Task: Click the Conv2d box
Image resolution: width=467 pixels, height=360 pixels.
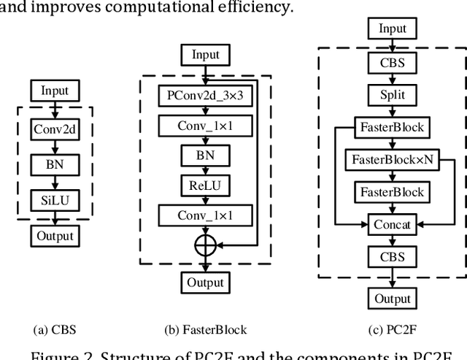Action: (55, 129)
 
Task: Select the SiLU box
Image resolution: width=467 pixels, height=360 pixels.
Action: (55, 199)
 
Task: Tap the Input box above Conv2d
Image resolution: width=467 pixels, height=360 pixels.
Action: (55, 91)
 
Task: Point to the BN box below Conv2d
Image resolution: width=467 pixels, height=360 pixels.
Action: (55, 164)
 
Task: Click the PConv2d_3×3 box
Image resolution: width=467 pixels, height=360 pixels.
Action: (206, 95)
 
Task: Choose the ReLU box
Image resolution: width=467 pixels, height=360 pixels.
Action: (206, 185)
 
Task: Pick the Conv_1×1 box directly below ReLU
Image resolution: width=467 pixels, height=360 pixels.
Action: (206, 215)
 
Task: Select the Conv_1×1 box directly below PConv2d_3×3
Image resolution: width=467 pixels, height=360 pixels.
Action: (206, 126)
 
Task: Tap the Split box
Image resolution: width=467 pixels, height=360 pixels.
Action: (393, 96)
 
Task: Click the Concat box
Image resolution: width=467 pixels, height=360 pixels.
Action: (393, 225)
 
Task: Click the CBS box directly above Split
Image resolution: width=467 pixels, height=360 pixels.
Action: (393, 64)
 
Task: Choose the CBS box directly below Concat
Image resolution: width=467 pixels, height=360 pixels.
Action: (393, 257)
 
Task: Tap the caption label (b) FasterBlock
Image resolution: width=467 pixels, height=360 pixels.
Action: (206, 329)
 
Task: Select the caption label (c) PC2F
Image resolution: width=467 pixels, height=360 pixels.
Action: (393, 329)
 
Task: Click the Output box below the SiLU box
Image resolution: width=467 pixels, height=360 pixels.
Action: (55, 236)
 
